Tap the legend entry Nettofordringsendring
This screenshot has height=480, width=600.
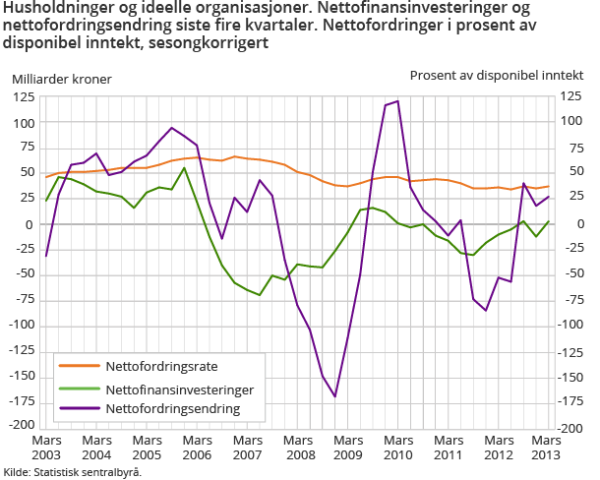[x=172, y=407]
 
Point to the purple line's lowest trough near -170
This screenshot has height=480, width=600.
[x=335, y=396]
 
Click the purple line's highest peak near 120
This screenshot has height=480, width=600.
[x=397, y=100]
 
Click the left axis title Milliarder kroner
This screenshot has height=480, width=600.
[x=61, y=79]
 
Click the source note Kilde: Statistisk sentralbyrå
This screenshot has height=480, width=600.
[x=73, y=472]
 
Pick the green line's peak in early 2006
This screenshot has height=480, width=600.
[x=184, y=167]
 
